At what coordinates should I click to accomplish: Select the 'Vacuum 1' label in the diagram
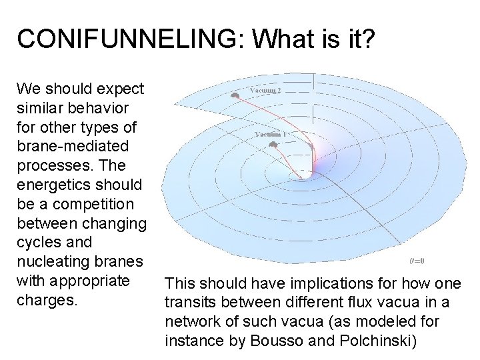pos(271,134)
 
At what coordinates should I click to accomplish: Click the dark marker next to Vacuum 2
pos(235,95)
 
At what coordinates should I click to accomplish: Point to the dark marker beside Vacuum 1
pos(275,145)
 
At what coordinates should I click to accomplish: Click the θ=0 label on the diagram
pos(417,261)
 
